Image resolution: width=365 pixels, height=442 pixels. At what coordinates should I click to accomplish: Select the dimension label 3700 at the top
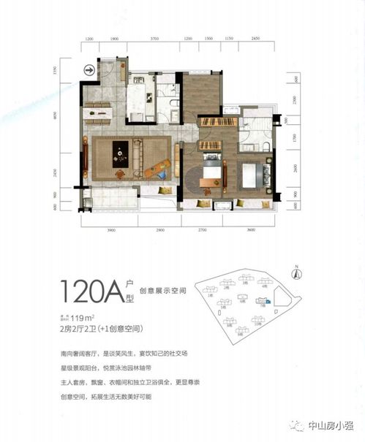[x=154, y=37]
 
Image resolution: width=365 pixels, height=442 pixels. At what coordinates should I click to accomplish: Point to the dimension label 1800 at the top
[x=114, y=37]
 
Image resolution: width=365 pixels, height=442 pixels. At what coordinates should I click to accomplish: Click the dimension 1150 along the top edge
[x=229, y=37]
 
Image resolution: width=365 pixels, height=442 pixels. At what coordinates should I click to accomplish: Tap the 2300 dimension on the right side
[x=296, y=99]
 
